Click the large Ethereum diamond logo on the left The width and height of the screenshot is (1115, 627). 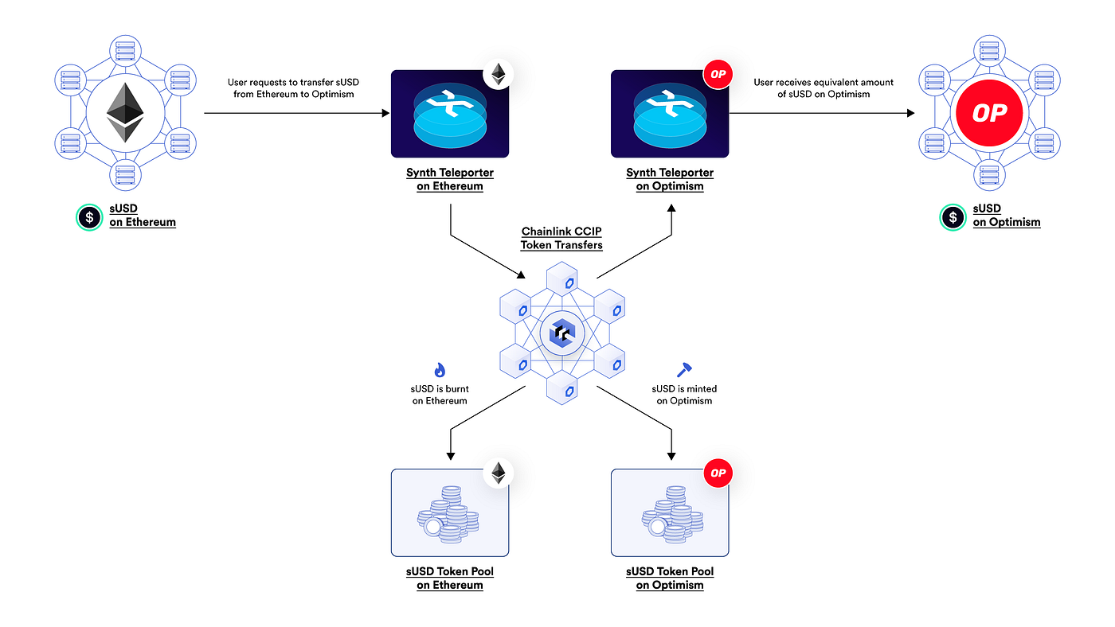(124, 113)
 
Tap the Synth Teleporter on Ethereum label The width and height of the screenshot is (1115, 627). (450, 179)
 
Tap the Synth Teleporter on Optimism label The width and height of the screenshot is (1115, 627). (670, 179)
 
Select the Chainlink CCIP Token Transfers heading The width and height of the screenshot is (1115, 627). (561, 239)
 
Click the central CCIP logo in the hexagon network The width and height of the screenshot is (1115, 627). (561, 333)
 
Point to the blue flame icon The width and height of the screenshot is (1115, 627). (440, 370)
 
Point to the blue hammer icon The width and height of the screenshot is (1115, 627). (684, 370)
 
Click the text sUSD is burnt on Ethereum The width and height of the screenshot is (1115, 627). (440, 395)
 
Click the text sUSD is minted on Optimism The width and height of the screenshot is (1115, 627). (684, 395)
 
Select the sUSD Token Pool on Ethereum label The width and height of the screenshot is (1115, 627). (450, 578)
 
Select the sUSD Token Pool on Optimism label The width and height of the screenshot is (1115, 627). (670, 578)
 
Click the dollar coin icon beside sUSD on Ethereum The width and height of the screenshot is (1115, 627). (89, 216)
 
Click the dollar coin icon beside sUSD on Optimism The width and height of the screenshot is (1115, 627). (953, 216)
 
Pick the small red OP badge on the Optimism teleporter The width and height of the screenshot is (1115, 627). (718, 75)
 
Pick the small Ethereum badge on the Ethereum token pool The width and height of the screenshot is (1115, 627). (499, 473)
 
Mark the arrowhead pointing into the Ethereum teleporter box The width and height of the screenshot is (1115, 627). (385, 114)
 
